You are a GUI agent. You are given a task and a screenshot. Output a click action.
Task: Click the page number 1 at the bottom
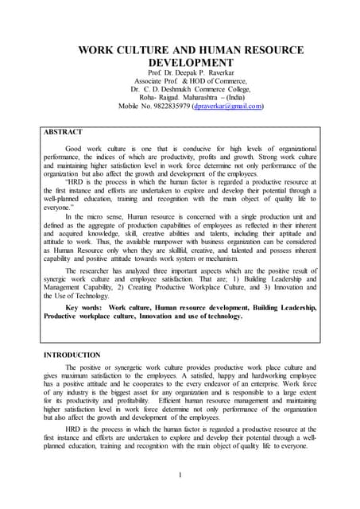point(180,476)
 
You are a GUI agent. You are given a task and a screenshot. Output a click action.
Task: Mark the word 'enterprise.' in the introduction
point(281,383)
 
